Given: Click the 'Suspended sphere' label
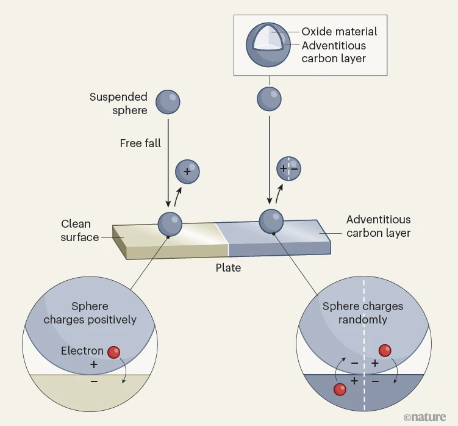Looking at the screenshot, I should point(118,104).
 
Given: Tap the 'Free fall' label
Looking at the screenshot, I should point(140,143).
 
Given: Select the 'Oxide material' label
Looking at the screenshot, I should point(340,32).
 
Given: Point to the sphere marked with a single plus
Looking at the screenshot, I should point(187,171).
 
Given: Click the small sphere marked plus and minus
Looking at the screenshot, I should point(288,169).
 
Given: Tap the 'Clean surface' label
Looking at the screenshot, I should point(79,230).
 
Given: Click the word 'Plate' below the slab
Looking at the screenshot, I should point(228,267).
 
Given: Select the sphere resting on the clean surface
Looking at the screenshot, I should point(170,224).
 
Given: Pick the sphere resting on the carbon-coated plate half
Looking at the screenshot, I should point(271,221).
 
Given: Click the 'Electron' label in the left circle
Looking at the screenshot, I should point(82,351).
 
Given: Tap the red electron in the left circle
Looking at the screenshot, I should point(113,352).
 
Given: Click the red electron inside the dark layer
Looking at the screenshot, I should point(340,389).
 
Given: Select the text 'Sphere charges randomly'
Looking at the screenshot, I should point(363,312).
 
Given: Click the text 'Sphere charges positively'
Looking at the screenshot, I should point(90,312).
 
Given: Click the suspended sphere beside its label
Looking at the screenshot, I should point(168,102).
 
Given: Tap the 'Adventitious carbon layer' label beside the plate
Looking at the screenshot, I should point(378,226).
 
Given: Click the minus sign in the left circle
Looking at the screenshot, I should point(93,381).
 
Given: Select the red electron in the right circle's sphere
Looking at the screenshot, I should point(384,350).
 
